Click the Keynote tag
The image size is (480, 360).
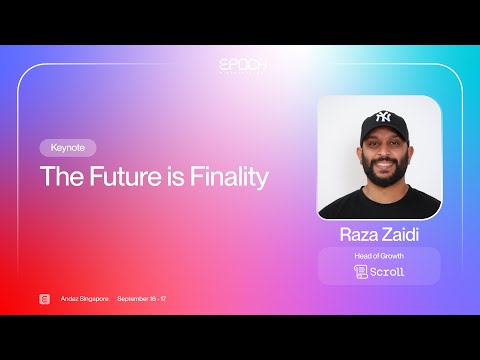(x=68, y=147)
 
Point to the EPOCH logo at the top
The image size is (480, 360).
(x=240, y=64)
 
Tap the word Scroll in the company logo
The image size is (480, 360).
(x=387, y=271)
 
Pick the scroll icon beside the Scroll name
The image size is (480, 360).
(x=361, y=271)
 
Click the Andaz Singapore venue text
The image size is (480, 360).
(x=83, y=299)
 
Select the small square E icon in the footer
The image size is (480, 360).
(x=44, y=299)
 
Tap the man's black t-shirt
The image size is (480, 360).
(x=380, y=205)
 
